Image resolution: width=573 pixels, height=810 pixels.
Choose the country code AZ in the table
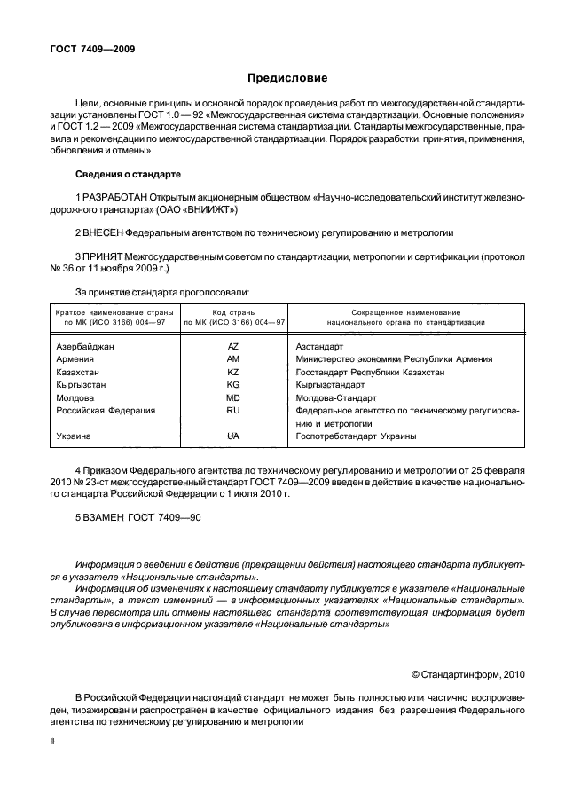(x=233, y=346)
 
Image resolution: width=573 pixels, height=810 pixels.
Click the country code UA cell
(x=233, y=436)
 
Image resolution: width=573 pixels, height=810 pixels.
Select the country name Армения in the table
(x=75, y=359)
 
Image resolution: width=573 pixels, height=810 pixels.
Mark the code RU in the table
(x=233, y=411)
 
